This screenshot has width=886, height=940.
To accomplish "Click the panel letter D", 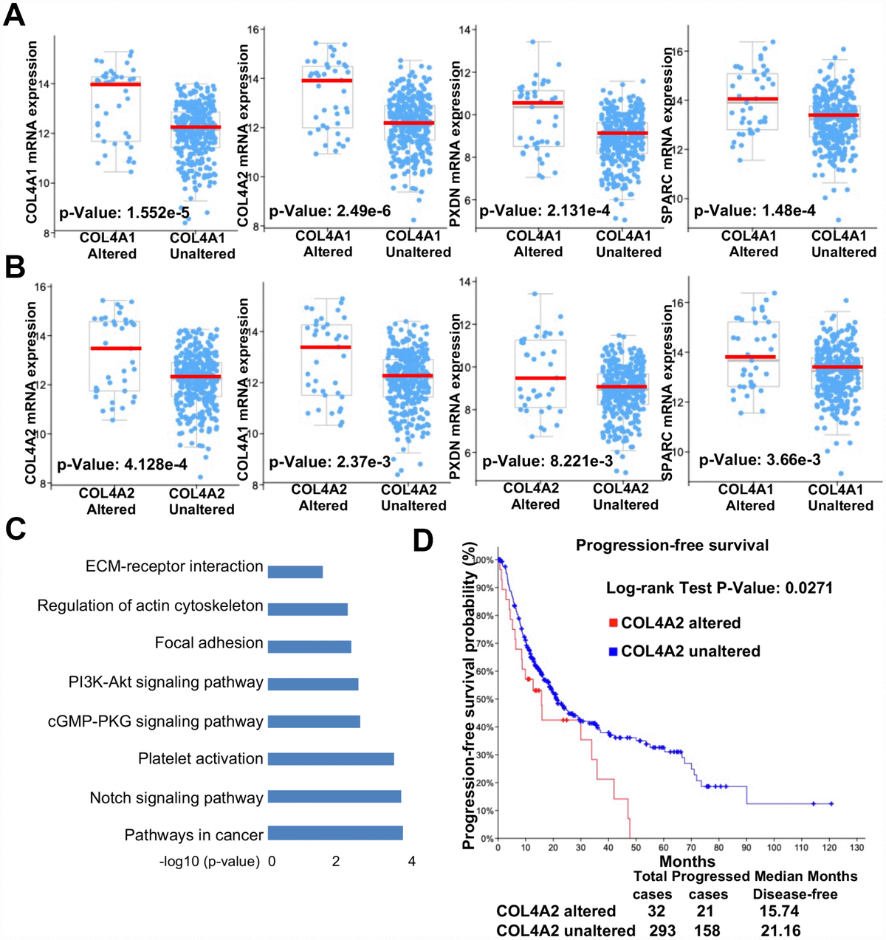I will click(423, 541).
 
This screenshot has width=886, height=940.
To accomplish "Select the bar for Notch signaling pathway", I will click(334, 797).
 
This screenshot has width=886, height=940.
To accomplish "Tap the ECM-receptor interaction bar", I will click(295, 572).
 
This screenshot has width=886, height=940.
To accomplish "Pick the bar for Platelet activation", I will click(330, 758).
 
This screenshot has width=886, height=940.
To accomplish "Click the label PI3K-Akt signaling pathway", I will click(165, 682).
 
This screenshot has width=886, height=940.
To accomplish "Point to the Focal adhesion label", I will click(208, 643).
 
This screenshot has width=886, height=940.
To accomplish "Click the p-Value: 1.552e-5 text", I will click(123, 213).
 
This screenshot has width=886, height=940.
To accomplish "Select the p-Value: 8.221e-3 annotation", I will click(546, 462).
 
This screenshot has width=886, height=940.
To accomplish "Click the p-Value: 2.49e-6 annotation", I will click(330, 211).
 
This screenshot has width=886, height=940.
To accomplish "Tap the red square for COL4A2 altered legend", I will click(612, 623).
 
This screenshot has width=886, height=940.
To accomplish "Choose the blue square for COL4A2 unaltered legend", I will click(612, 651).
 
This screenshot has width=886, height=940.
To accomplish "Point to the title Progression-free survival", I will click(672, 545).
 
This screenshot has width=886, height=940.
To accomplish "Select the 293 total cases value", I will click(662, 930).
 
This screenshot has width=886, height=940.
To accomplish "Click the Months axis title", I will click(687, 861).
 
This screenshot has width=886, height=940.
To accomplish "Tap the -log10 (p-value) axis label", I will click(209, 861).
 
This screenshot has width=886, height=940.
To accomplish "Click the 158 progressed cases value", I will click(707, 930).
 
